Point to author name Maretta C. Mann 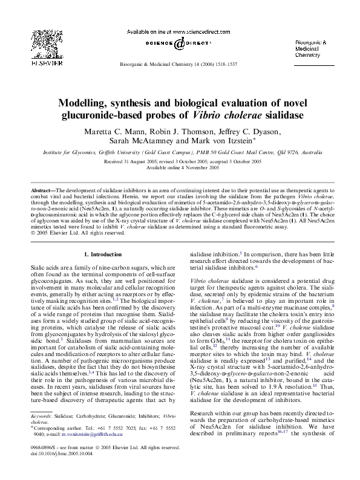coord(110,132)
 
